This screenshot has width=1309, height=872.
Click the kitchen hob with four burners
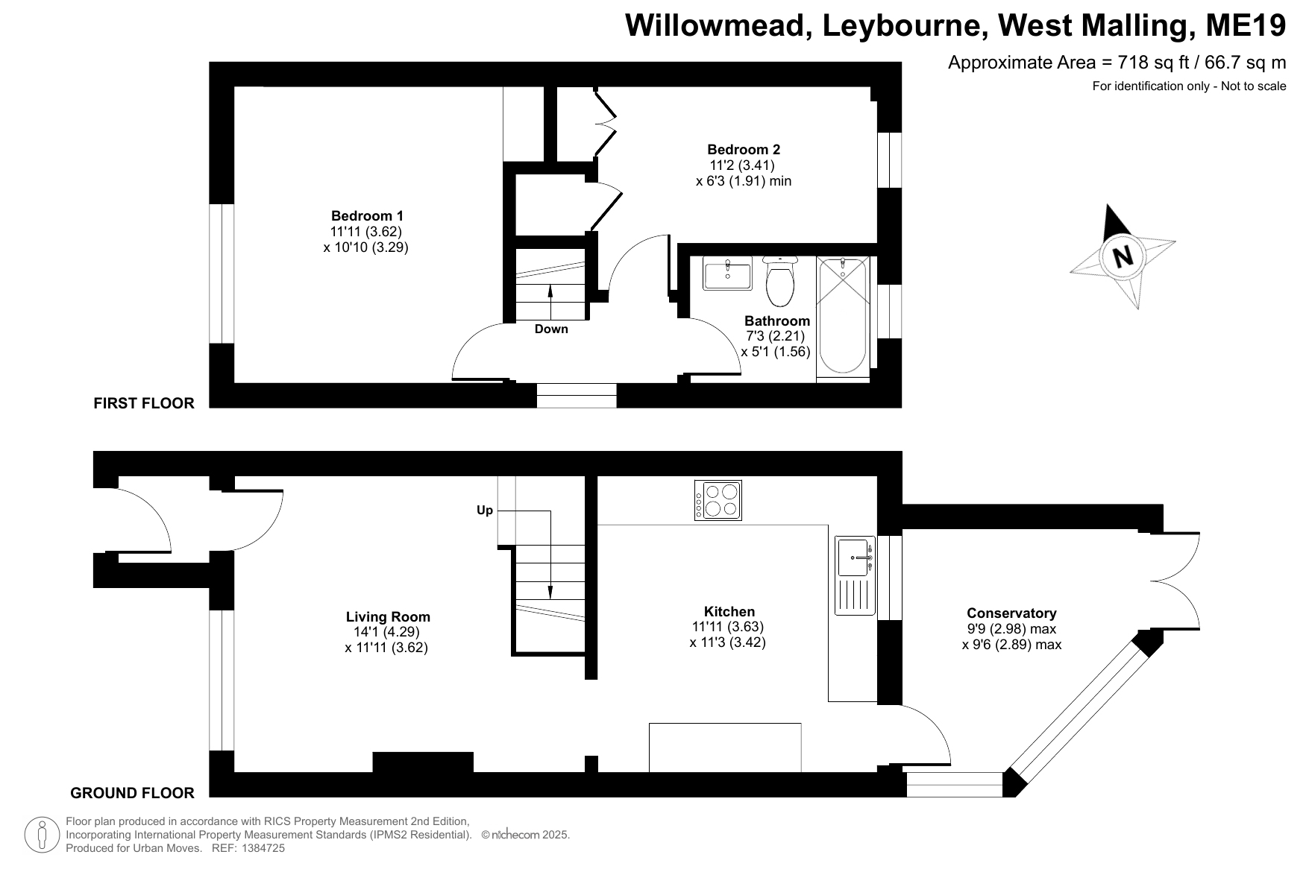click(x=718, y=500)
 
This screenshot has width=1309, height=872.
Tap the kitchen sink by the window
click(x=855, y=575)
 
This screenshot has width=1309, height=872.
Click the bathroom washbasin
click(x=727, y=274)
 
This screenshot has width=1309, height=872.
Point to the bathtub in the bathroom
click(x=844, y=315)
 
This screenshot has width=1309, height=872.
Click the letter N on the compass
click(x=1122, y=256)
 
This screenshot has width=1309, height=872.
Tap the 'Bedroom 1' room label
click(x=367, y=216)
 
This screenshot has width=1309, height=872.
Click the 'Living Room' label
click(x=388, y=617)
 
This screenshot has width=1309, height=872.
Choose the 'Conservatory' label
click(x=1011, y=613)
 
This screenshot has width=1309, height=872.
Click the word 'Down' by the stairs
click(x=551, y=329)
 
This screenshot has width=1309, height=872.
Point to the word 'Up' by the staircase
click(x=485, y=511)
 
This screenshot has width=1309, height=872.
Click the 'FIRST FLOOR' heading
click(x=144, y=403)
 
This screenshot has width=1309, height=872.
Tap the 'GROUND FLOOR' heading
click(x=132, y=793)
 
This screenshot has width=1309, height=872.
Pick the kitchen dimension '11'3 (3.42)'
click(x=727, y=642)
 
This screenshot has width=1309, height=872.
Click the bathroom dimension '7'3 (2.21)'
click(x=775, y=336)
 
